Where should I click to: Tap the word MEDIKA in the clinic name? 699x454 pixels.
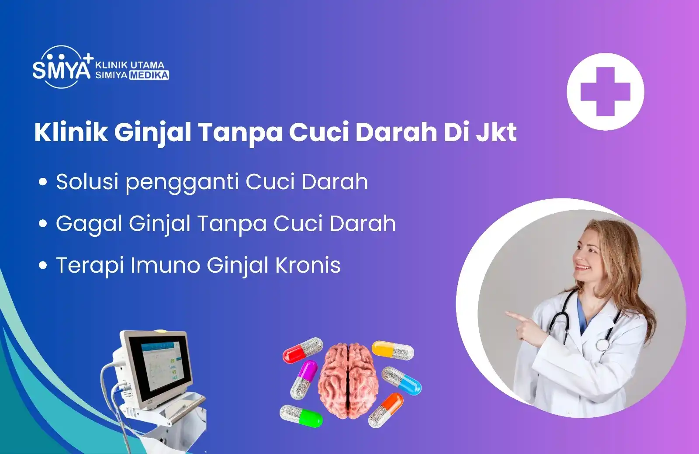click(x=149, y=75)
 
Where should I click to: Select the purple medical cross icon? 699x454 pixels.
click(x=606, y=91)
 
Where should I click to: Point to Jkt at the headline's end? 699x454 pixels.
click(x=497, y=132)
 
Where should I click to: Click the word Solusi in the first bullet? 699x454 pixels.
click(x=87, y=181)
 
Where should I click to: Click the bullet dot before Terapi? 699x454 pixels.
click(x=43, y=265)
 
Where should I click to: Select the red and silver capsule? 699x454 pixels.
click(x=303, y=350)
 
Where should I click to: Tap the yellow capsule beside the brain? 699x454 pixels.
click(x=393, y=350)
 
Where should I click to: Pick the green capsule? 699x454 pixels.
click(x=301, y=416)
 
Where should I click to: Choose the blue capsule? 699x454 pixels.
click(x=401, y=381)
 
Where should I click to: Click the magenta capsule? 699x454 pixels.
click(x=304, y=380)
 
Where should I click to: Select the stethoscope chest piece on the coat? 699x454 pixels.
click(x=603, y=345)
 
